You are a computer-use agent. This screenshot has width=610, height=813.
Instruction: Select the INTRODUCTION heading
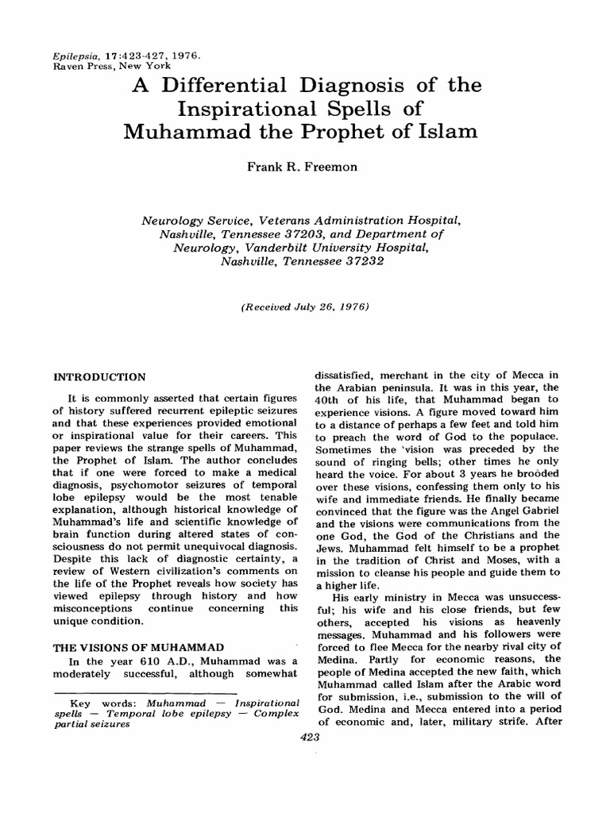[98, 376]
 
